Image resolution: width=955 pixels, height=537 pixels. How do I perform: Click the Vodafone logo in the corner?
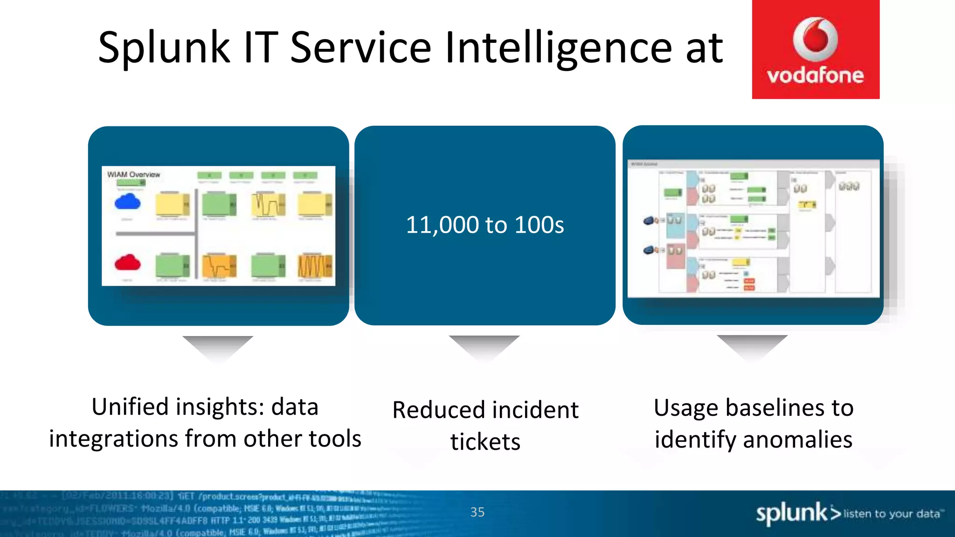(x=815, y=49)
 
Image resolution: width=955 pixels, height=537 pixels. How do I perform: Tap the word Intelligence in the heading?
(x=558, y=48)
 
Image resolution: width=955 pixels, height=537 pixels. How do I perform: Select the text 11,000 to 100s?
(x=484, y=225)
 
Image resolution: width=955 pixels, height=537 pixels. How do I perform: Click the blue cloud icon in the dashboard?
(x=127, y=202)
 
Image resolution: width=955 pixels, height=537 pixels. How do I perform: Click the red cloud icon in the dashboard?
(x=127, y=263)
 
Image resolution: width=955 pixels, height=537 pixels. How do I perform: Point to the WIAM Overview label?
(x=133, y=174)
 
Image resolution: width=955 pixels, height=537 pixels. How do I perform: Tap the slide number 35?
(x=477, y=512)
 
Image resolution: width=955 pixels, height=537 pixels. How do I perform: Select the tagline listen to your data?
(x=892, y=514)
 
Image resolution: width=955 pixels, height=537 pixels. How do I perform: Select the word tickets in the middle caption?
(x=485, y=441)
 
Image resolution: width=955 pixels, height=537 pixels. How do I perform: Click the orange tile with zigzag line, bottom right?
(x=315, y=266)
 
